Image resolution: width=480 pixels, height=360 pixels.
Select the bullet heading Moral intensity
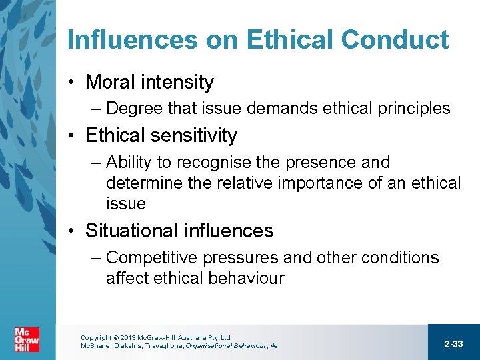tap(149, 83)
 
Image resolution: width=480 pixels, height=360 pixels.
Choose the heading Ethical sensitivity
tap(161, 136)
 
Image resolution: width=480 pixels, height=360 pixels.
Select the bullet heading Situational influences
tap(179, 231)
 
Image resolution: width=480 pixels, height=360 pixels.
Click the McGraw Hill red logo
tap(27, 340)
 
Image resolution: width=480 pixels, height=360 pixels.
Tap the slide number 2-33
tap(453, 344)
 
